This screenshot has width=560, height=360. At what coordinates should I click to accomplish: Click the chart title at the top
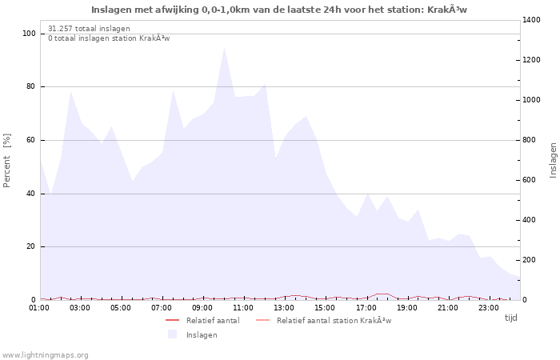(279, 10)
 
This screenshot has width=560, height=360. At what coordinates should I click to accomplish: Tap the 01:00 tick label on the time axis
(39, 307)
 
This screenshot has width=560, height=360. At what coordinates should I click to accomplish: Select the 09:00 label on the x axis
(202, 307)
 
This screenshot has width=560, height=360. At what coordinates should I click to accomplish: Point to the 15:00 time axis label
(325, 307)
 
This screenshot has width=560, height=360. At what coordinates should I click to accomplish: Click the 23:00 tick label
(488, 307)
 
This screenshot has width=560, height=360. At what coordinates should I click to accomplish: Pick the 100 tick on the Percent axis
(29, 34)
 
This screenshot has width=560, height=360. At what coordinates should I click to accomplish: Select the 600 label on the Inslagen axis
(531, 180)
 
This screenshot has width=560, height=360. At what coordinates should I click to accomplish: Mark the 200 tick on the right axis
(531, 260)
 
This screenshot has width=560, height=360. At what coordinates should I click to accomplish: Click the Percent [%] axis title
(8, 160)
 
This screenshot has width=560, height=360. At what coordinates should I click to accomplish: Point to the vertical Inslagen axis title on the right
(553, 160)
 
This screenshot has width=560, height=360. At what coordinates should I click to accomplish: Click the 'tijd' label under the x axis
(510, 318)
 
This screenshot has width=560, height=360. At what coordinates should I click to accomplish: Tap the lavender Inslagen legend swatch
(172, 334)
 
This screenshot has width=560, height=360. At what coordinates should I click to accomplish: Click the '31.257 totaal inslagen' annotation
(89, 28)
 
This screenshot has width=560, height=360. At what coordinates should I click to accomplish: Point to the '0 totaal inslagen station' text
(109, 38)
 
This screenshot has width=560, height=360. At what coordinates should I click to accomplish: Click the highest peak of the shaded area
(225, 48)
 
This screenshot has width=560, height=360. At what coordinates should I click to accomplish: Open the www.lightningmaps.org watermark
(46, 354)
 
